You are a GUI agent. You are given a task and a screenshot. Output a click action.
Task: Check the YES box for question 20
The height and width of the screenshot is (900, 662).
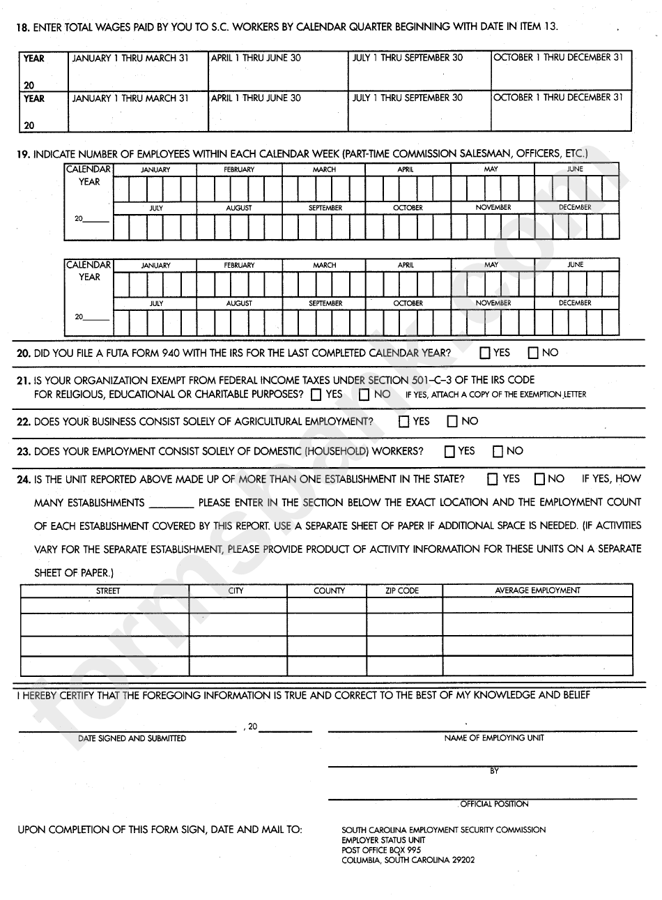coord(485,353)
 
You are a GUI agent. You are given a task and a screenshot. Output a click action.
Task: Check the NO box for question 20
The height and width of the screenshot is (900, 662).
coord(533,353)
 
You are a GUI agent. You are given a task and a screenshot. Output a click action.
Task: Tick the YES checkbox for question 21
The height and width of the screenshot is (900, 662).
coord(316,395)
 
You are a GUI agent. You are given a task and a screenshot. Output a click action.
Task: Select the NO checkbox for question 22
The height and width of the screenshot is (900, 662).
coord(452,422)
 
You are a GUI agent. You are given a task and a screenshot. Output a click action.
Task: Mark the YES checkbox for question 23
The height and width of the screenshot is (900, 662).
coord(449,452)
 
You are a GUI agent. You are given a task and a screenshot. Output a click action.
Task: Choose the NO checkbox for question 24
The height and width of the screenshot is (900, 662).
coord(539,479)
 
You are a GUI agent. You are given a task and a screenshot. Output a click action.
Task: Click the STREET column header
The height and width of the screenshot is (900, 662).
coord(108,590)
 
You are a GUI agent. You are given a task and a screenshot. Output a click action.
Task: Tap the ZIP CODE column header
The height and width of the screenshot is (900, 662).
coord(402,590)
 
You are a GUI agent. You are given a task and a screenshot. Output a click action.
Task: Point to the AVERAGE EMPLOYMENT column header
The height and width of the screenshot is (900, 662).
coord(537,590)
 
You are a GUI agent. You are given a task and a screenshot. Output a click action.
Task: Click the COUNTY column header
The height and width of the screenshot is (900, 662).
coord(329,590)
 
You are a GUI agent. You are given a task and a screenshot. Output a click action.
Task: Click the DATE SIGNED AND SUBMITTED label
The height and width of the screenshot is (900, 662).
coord(132,738)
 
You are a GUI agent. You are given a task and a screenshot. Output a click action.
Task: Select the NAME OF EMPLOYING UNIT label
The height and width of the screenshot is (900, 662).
coord(494,738)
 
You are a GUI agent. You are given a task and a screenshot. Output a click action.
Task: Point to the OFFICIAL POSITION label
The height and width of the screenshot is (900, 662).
coord(495,804)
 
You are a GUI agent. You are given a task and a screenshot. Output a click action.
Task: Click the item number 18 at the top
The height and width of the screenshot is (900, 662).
coord(23,27)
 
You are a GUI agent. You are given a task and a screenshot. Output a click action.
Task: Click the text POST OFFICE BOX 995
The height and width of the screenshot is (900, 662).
coord(381,850)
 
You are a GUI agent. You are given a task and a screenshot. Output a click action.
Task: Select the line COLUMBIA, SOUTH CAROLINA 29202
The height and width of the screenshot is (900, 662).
coord(408,860)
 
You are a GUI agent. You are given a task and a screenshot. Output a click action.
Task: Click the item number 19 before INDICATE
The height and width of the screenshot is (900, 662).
coord(23,153)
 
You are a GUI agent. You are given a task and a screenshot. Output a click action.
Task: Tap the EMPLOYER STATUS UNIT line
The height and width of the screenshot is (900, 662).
coord(383,840)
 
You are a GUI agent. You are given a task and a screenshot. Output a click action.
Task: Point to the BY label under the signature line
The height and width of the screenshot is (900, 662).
coord(494,771)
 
